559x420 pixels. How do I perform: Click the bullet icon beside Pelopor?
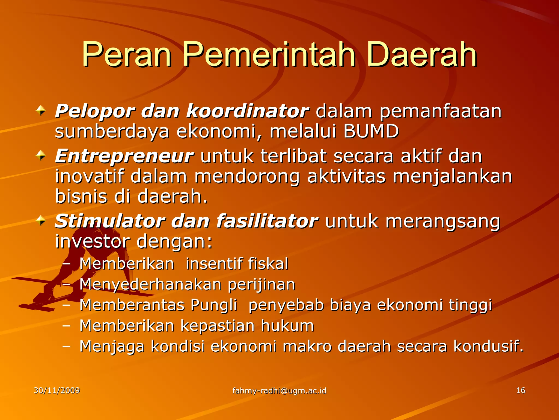41,111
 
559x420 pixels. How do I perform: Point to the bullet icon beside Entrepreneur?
41,156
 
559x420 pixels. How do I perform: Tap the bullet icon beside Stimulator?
41,221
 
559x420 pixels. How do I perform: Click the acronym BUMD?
371,131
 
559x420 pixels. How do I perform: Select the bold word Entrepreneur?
124,156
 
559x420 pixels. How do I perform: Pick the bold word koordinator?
247,112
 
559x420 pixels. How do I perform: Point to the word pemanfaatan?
441,112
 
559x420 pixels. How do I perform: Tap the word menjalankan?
452,177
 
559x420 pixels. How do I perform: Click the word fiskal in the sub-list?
268,264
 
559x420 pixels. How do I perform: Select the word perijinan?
261,284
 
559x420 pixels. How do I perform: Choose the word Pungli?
214,305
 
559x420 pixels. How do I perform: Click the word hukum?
287,326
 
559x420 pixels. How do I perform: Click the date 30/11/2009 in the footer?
57,390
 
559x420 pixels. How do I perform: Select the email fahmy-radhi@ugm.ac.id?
279,391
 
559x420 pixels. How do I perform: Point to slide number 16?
521,390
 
